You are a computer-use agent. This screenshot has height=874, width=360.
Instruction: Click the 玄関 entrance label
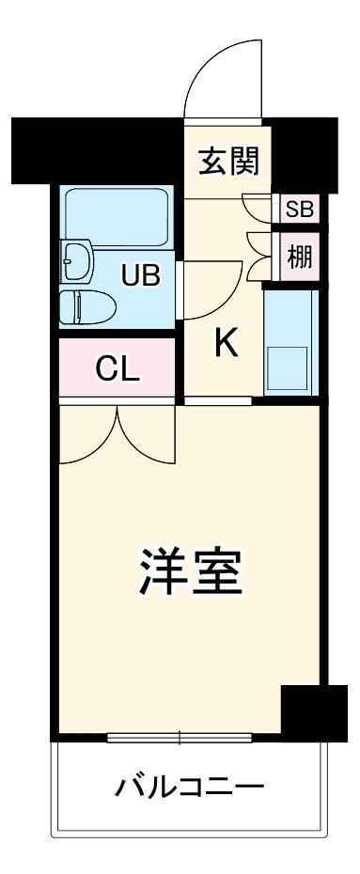[228, 161]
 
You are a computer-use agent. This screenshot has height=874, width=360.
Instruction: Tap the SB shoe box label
[300, 209]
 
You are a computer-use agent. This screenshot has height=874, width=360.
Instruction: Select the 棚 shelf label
[300, 258]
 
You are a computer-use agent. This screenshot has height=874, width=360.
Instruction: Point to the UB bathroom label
[142, 274]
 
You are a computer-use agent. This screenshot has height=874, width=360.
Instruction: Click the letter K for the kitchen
[227, 344]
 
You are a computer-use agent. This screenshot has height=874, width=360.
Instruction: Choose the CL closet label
[117, 367]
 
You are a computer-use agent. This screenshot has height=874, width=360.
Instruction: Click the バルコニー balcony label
[190, 787]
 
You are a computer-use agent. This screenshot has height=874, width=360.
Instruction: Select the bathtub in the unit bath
[117, 217]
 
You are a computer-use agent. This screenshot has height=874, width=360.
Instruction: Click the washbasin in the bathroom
[77, 259]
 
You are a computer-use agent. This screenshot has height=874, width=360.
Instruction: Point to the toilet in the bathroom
[86, 306]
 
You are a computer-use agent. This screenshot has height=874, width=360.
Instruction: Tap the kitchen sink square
[288, 367]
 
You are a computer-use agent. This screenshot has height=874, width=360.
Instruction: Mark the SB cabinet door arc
[257, 208]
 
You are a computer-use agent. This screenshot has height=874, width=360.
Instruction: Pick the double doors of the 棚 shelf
[258, 257]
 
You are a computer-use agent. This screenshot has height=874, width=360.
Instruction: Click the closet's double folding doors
[117, 432]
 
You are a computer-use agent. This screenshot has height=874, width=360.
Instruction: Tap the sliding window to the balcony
[180, 738]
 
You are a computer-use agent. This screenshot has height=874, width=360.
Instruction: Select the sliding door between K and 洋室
[218, 400]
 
